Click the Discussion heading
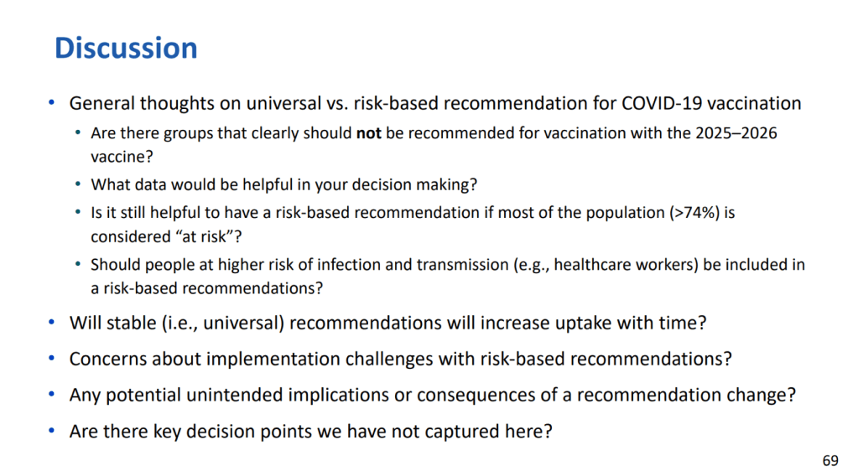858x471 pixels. tap(126, 48)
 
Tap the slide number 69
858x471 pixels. tap(830, 461)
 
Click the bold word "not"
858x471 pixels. tap(368, 133)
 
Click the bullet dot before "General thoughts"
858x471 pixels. tap(51, 102)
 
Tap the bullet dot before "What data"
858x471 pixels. tap(78, 184)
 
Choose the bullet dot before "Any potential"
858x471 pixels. tap(51, 394)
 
